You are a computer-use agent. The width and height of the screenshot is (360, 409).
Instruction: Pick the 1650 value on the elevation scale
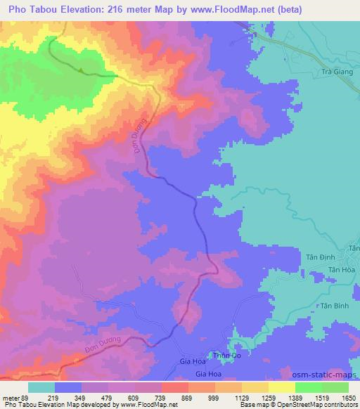pyautogui.click(x=349, y=398)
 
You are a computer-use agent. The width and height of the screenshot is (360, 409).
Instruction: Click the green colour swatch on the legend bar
pyautogui.click(x=309, y=387)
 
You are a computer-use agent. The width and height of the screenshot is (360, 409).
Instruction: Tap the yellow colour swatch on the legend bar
pyautogui.click(x=282, y=387)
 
